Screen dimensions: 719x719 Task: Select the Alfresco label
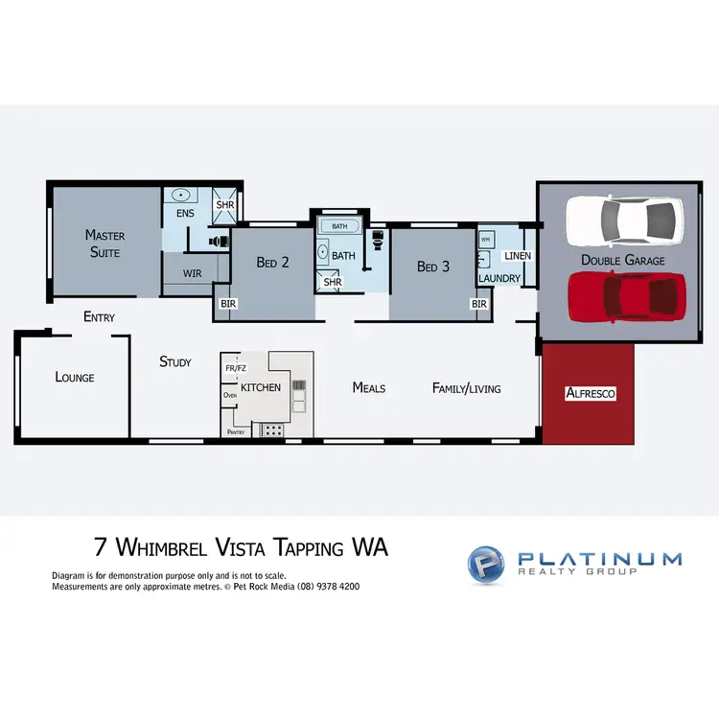click(591, 393)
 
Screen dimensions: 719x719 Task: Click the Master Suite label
click(104, 242)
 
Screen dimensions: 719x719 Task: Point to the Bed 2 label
click(272, 263)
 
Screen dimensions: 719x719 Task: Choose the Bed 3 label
click(433, 267)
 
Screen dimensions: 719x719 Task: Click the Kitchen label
click(261, 387)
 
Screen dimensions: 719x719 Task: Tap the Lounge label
click(75, 377)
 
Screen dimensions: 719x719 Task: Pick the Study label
click(175, 361)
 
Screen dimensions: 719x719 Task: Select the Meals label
click(369, 387)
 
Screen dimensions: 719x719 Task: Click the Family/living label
click(467, 387)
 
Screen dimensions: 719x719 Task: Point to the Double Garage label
click(623, 260)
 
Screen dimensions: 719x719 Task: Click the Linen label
click(517, 256)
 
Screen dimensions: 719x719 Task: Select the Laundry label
click(499, 279)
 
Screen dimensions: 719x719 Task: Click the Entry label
click(99, 316)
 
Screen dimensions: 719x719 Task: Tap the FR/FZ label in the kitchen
click(235, 367)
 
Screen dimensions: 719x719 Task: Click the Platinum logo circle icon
click(485, 563)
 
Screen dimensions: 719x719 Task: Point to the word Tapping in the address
click(302, 547)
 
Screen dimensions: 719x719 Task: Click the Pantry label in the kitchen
click(236, 432)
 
